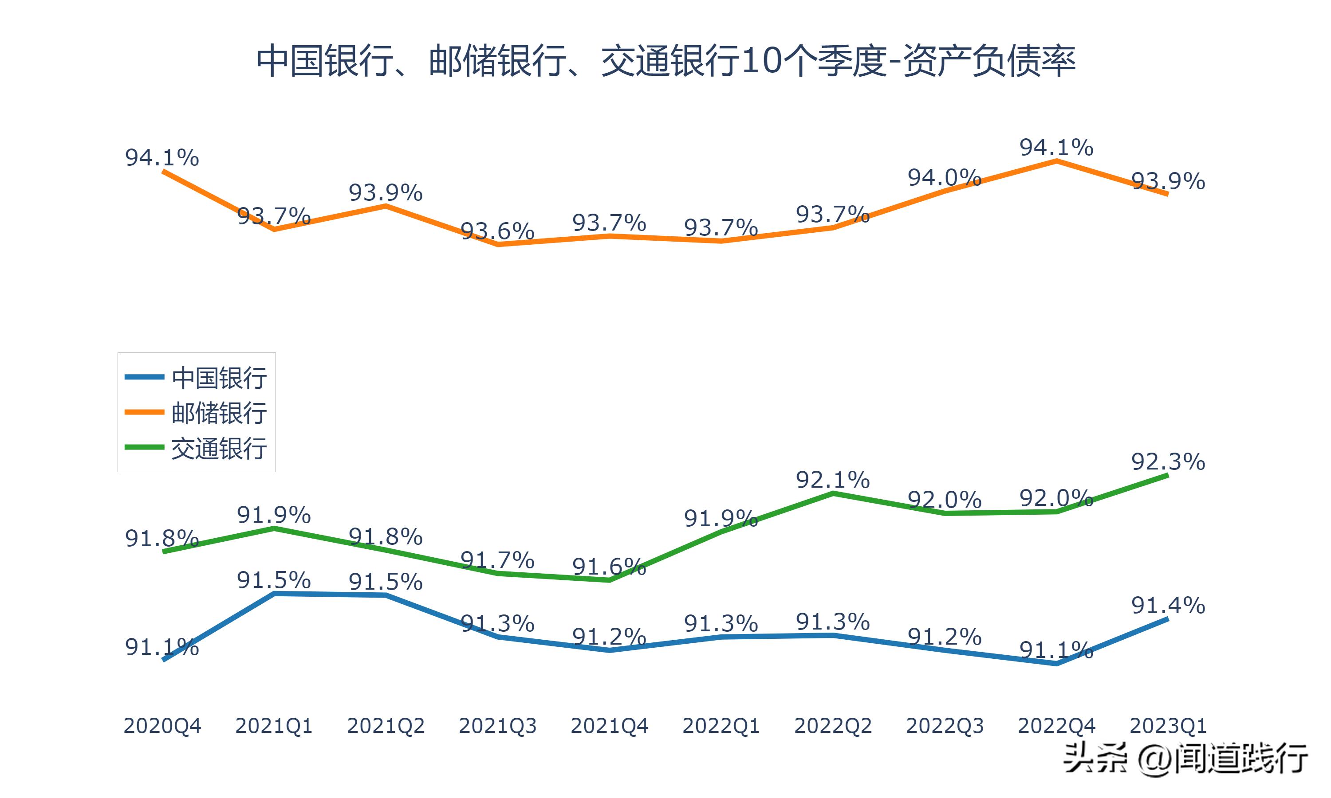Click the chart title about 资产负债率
tap(665, 61)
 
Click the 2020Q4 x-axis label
tap(162, 726)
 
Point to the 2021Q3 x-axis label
tap(498, 726)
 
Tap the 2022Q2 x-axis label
tap(833, 726)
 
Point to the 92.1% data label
tap(833, 480)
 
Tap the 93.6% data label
tap(498, 231)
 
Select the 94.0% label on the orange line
tap(945, 177)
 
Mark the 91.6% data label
tap(609, 567)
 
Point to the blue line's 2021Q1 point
tap(274, 594)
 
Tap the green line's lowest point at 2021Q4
tap(609, 580)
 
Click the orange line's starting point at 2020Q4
tap(163, 171)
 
